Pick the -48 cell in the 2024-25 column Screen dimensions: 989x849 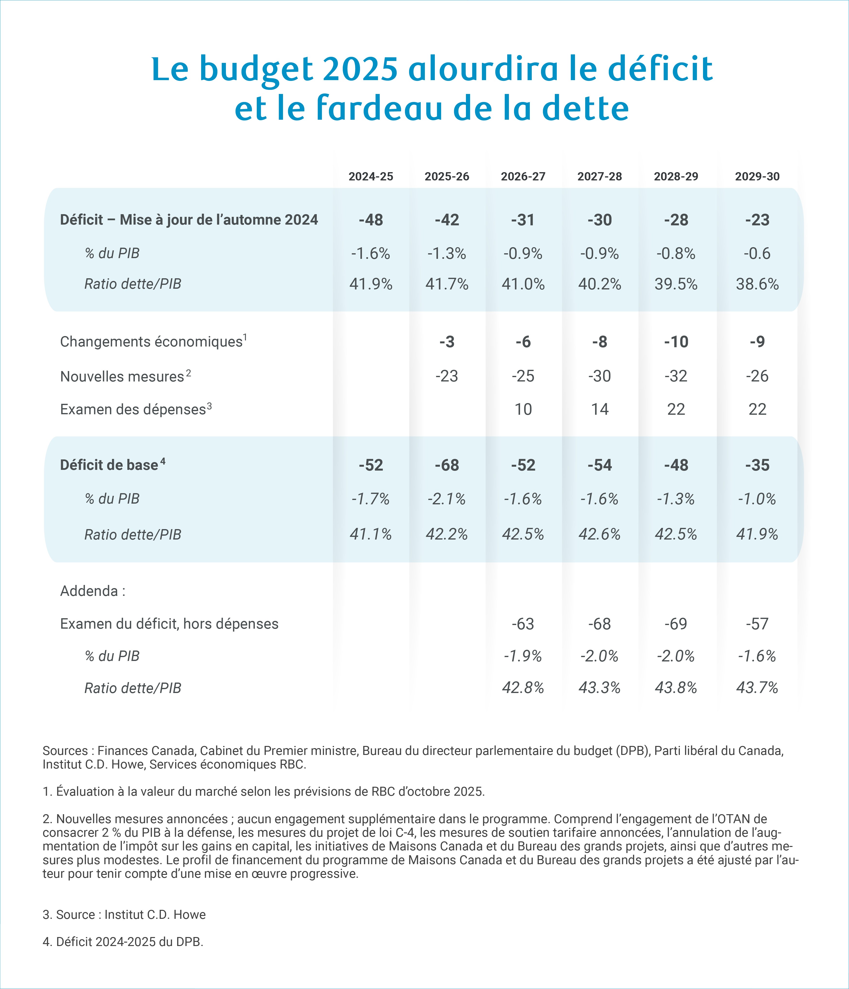tap(371, 220)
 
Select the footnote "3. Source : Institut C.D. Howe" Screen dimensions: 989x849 tap(124, 914)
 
